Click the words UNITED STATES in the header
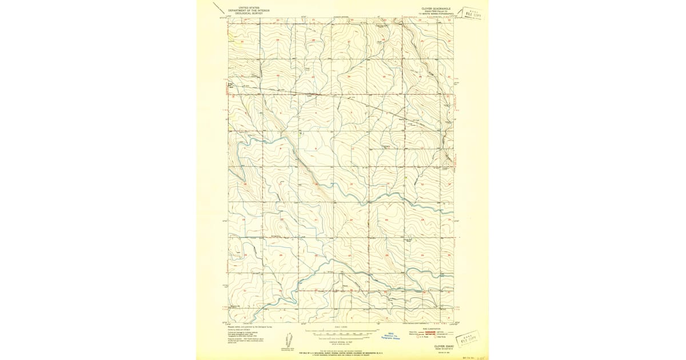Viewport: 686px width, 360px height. point(249,7)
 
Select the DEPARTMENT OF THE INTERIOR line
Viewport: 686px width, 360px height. point(249,10)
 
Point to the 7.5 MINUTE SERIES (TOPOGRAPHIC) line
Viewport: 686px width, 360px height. point(434,14)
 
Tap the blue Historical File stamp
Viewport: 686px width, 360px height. point(392,336)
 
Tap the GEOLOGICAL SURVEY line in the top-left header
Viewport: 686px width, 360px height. point(249,13)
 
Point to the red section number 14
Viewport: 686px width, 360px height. point(387,184)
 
